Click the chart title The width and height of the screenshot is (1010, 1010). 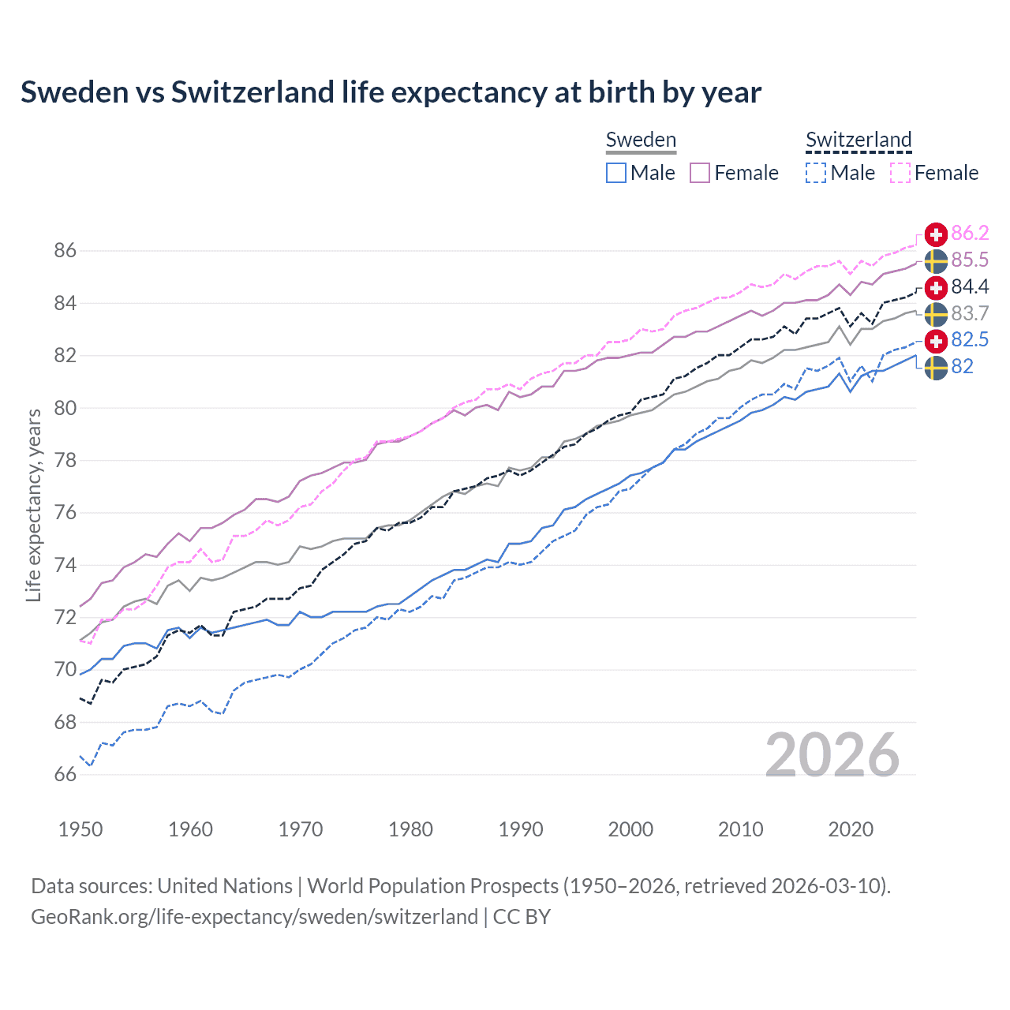[391, 92]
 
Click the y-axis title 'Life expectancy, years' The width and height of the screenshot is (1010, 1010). [33, 505]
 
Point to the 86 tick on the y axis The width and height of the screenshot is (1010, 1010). [65, 251]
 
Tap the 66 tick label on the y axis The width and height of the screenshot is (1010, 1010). [65, 775]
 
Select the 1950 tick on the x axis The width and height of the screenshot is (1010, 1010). [80, 829]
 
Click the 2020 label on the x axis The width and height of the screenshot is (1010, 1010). [851, 829]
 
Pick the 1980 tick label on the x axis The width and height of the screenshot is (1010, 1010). [410, 829]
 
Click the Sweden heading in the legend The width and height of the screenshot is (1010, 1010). [641, 140]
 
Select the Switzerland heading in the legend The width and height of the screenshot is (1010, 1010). [858, 140]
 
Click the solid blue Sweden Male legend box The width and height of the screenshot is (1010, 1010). [616, 173]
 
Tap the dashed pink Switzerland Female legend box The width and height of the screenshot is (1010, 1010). [900, 173]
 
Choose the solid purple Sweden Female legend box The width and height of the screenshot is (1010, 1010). [700, 173]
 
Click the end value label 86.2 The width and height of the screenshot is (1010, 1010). [970, 234]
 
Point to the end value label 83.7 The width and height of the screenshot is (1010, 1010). [970, 313]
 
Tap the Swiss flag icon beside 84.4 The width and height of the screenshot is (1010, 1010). [936, 287]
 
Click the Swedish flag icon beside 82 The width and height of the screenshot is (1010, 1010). [936, 367]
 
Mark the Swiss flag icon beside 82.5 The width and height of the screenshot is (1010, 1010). [936, 340]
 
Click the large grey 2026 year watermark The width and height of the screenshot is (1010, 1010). [832, 755]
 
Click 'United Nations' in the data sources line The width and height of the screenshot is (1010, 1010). [225, 886]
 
